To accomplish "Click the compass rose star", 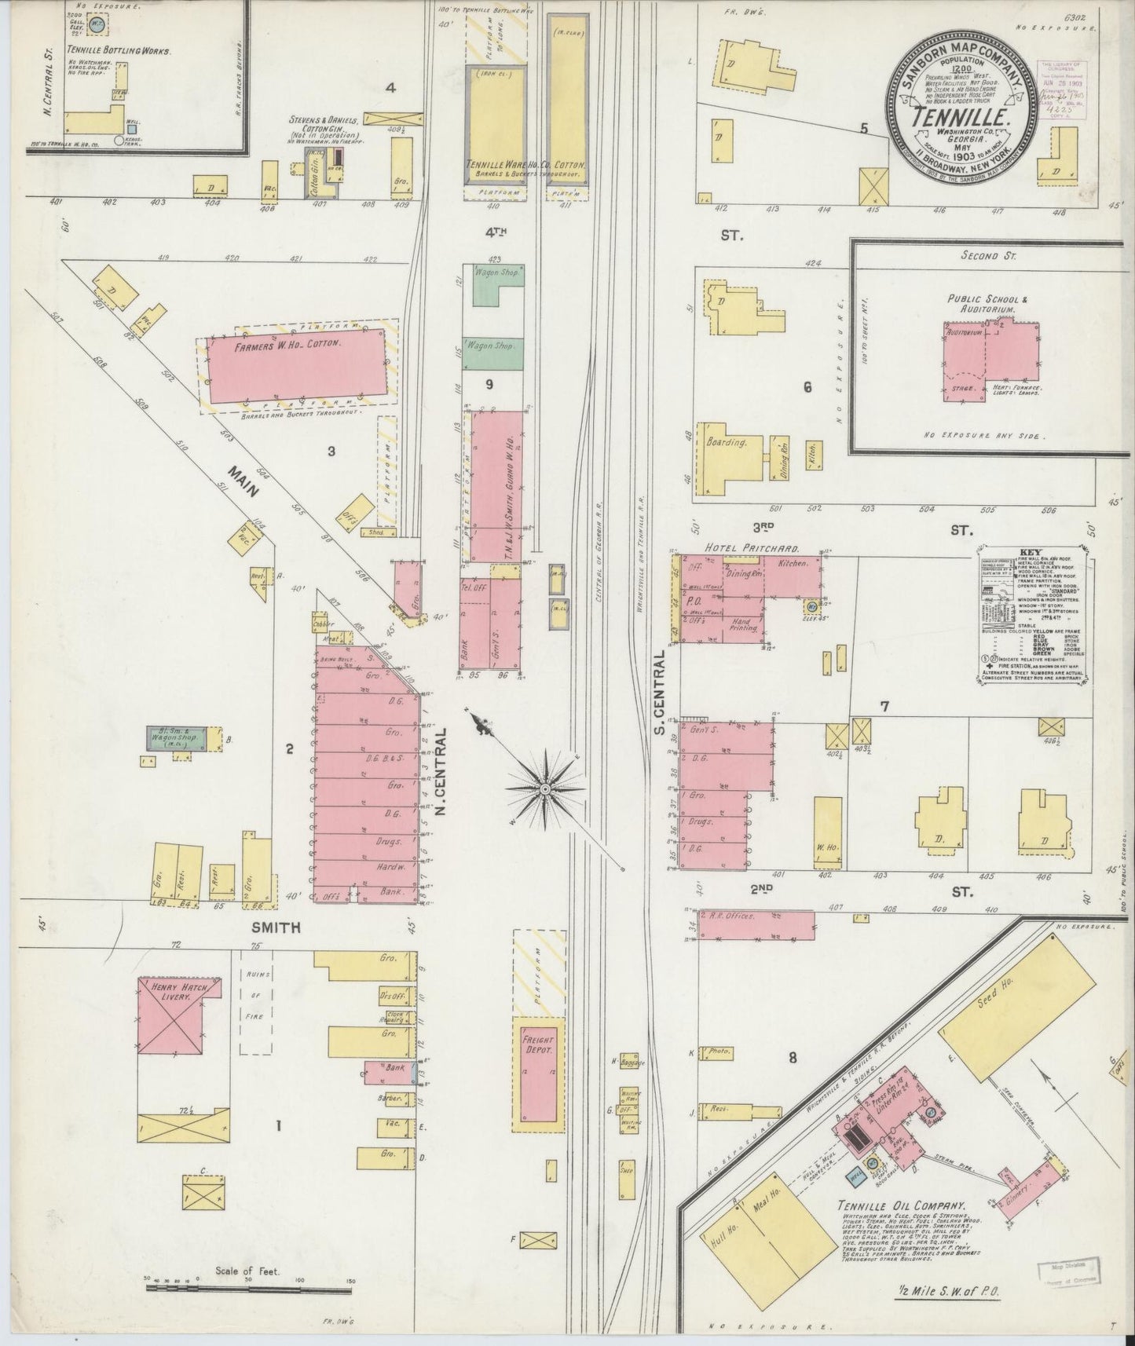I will pos(544,787).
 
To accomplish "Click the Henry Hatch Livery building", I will pos(174,1013).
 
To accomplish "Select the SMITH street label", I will pos(275,927).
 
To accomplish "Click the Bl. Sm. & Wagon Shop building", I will pos(178,738).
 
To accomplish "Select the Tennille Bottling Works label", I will pos(108,49).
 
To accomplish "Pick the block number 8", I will pos(793,1058).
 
